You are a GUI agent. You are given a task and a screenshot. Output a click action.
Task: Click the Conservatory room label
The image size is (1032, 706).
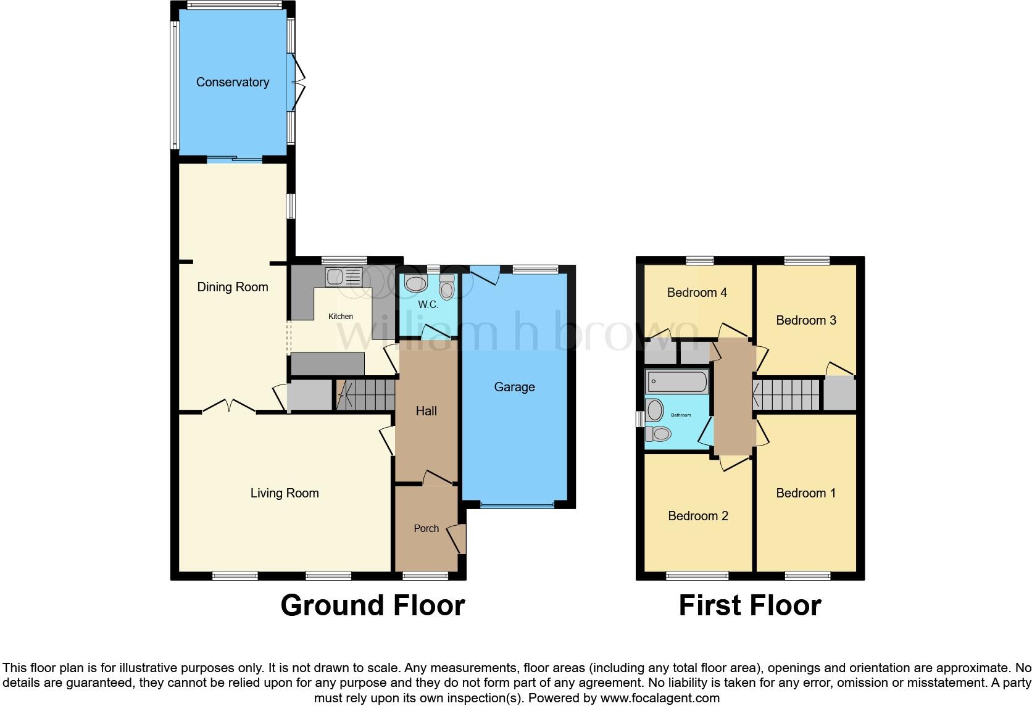[232, 82]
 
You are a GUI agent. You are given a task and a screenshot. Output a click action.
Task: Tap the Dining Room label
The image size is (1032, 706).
[232, 286]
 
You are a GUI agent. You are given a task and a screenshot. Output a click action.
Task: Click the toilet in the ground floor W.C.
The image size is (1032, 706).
[447, 288]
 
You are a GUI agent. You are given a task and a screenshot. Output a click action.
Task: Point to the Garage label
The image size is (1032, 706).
[514, 387]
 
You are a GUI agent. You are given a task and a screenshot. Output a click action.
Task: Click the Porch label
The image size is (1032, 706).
[426, 528]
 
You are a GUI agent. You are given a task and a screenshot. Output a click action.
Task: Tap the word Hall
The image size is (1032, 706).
[426, 411]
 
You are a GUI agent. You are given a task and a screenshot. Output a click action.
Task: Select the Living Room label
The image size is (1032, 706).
[285, 492]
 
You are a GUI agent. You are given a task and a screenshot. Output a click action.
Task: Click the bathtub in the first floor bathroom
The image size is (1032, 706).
[676, 383]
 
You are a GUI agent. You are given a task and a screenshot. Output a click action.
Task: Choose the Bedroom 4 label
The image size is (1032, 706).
[697, 293]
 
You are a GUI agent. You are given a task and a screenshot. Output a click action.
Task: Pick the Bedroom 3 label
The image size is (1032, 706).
[805, 320]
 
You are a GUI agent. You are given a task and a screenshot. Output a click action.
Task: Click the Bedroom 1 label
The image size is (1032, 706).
[805, 492]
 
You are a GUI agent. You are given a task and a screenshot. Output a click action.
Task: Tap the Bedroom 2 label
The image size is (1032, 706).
[698, 515]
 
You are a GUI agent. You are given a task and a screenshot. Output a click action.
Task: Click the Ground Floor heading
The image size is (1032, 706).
[372, 605]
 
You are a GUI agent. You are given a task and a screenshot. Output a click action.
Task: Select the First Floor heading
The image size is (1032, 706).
[749, 605]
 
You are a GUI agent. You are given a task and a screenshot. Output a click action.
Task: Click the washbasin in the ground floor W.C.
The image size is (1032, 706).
[415, 284]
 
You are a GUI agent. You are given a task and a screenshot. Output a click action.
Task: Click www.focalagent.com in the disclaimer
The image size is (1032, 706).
[660, 699]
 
